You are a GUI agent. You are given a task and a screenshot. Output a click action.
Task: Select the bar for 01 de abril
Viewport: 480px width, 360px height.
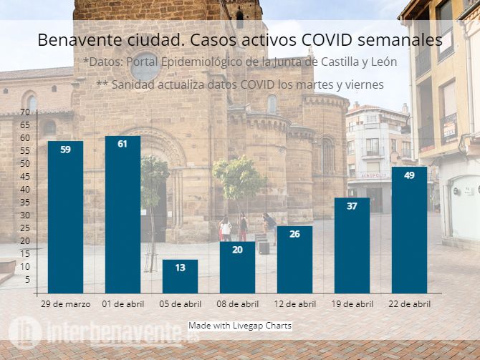[123, 215]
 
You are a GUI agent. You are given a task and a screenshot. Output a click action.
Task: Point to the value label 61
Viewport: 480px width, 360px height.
[123, 145]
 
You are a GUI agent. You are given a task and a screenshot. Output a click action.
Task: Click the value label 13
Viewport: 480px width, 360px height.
[180, 268]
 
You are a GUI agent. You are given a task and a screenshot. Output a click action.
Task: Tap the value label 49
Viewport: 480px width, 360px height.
[409, 175]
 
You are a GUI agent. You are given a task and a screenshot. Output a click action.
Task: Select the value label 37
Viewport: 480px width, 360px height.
[352, 206]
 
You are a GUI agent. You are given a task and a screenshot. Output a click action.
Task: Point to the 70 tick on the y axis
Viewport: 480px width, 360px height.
[25, 112]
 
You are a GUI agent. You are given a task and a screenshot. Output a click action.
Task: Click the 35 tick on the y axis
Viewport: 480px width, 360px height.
[25, 203]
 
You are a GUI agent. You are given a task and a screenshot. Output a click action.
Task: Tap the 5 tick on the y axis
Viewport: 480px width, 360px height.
[27, 280]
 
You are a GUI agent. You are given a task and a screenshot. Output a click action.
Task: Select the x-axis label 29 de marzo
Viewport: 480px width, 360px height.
[65, 304]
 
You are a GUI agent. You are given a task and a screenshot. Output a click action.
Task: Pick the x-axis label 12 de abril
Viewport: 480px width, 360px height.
[294, 304]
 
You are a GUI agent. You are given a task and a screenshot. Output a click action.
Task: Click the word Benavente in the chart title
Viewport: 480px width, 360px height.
[75, 40]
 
